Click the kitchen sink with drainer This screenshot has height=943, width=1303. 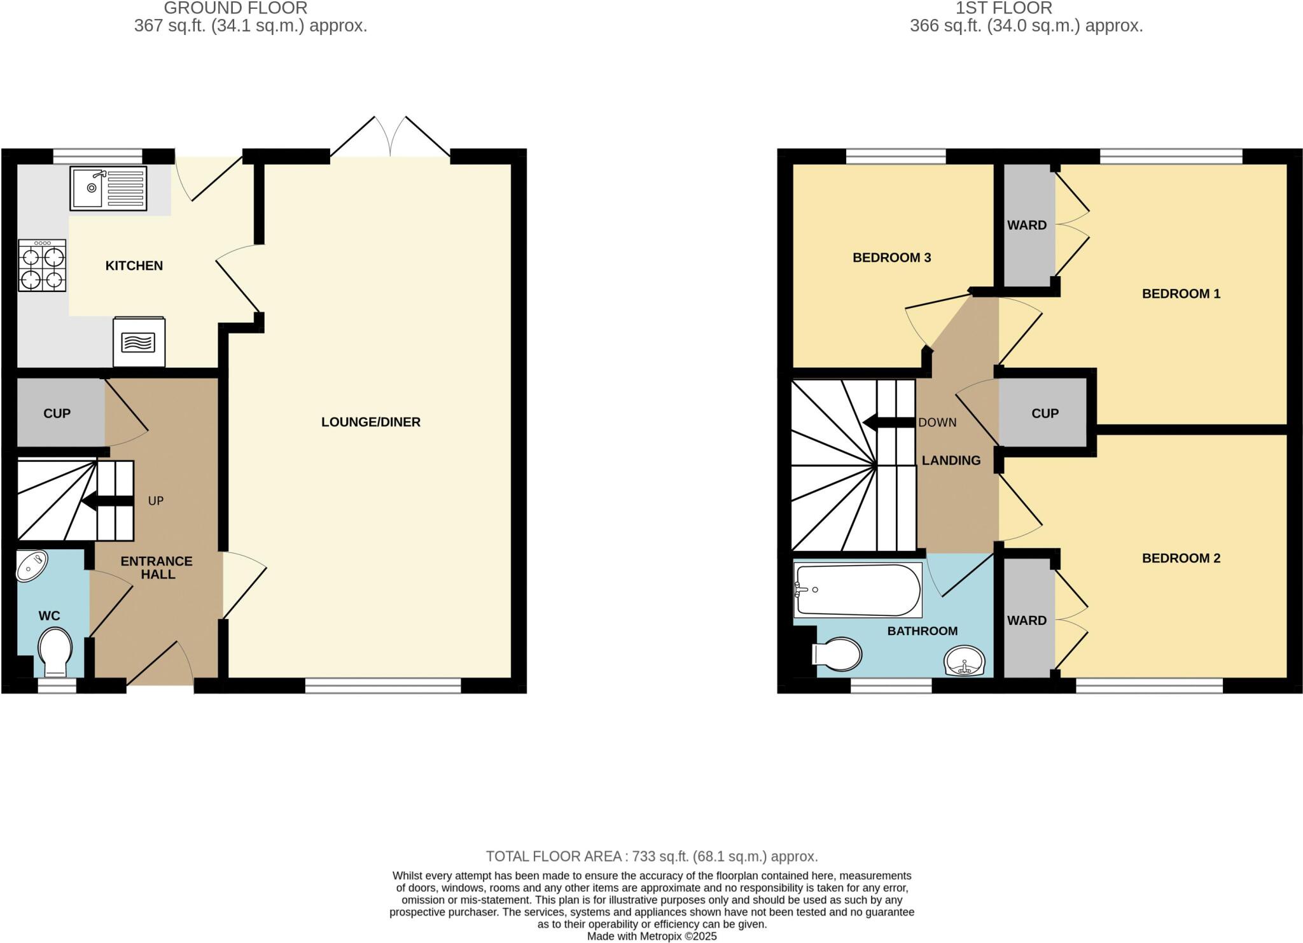pyautogui.click(x=108, y=188)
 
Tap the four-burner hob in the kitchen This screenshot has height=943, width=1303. pyautogui.click(x=42, y=266)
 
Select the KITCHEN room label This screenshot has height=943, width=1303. pyautogui.click(x=134, y=266)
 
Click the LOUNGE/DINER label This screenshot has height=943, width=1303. pyautogui.click(x=370, y=422)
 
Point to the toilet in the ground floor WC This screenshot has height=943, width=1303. pyautogui.click(x=55, y=652)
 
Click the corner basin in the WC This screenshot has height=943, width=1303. pyautogui.click(x=32, y=566)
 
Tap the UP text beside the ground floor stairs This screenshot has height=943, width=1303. pyautogui.click(x=156, y=501)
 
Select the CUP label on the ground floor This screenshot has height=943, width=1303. pyautogui.click(x=57, y=414)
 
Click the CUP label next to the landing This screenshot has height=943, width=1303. pyautogui.click(x=1045, y=414)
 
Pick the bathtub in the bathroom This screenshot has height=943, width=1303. pyautogui.click(x=858, y=590)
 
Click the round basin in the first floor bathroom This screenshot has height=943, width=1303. pyautogui.click(x=965, y=660)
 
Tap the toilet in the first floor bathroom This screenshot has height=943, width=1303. pyautogui.click(x=838, y=654)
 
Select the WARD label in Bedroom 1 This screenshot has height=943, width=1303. pyautogui.click(x=1026, y=225)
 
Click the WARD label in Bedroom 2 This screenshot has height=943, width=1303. pyautogui.click(x=1026, y=620)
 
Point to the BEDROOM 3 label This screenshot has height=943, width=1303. pyautogui.click(x=891, y=258)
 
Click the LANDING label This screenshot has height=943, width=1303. pyautogui.click(x=951, y=460)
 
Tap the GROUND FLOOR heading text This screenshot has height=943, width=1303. pyautogui.click(x=235, y=8)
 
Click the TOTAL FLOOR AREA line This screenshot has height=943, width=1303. pyautogui.click(x=651, y=856)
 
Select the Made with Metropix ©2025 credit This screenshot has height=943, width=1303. pyautogui.click(x=651, y=937)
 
